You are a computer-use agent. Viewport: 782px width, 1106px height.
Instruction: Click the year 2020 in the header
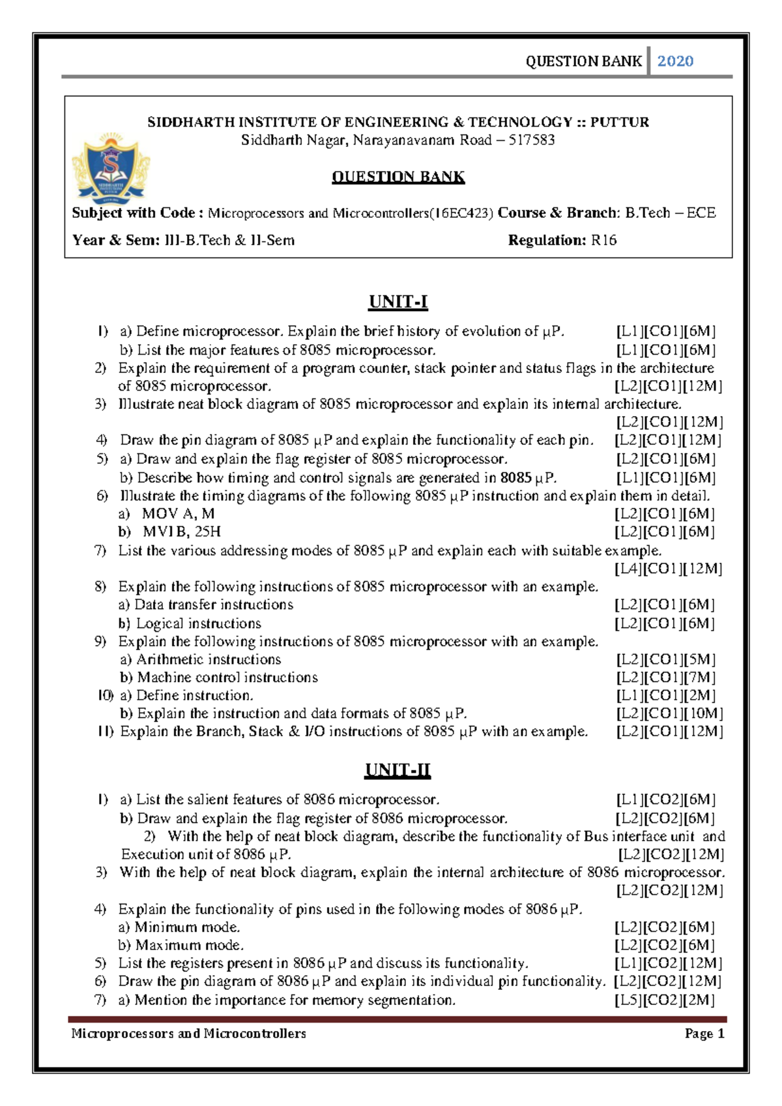point(674,61)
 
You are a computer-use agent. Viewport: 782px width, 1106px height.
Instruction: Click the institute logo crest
point(111,168)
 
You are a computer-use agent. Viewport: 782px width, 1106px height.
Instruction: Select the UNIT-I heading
point(398,302)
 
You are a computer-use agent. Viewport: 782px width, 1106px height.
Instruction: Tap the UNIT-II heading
point(398,770)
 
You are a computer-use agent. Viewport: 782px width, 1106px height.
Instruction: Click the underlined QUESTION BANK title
point(398,177)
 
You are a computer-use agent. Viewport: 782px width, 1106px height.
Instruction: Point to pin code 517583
point(531,140)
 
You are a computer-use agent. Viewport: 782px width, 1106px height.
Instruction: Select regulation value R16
point(603,241)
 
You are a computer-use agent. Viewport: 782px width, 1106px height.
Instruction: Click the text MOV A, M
point(178,514)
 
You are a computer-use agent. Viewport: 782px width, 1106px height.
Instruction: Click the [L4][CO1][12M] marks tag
point(669,569)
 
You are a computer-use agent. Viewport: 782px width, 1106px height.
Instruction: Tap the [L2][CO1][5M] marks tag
point(665,659)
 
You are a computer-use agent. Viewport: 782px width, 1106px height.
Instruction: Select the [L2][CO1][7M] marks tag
point(665,678)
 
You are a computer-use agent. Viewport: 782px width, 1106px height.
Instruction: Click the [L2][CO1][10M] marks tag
point(669,713)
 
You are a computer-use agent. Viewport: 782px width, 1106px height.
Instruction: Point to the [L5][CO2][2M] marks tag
point(665,1000)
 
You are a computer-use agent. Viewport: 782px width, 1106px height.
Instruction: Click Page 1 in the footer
point(704,1034)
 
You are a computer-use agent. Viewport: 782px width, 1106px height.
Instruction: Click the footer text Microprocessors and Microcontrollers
point(188,1034)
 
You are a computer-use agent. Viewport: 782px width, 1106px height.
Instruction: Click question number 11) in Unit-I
point(106,732)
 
